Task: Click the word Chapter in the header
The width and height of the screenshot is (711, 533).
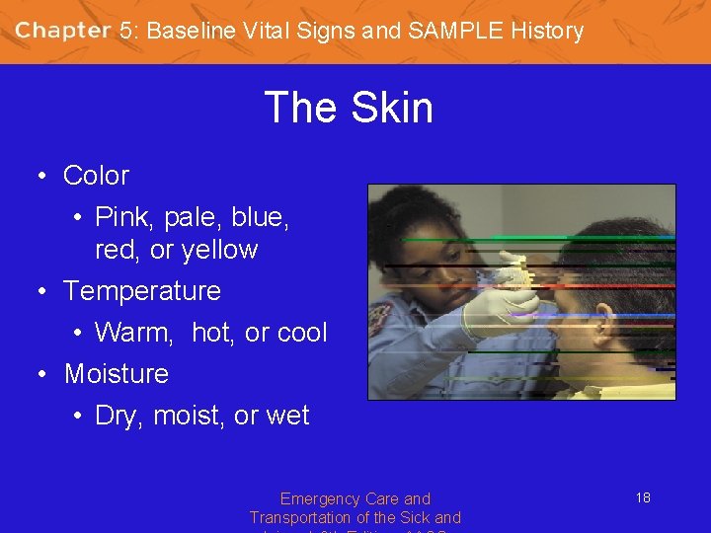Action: [x=62, y=30]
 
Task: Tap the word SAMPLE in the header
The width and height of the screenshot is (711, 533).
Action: [x=455, y=31]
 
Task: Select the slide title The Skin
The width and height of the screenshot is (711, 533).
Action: [x=349, y=107]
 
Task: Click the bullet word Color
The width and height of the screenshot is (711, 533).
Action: [x=96, y=176]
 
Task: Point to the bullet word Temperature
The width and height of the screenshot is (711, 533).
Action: [x=142, y=291]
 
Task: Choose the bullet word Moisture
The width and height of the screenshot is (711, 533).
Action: [x=117, y=374]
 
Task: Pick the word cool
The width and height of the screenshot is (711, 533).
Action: [x=301, y=333]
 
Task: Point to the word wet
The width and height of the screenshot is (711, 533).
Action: [x=287, y=416]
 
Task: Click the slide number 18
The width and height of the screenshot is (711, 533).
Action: [x=643, y=497]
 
